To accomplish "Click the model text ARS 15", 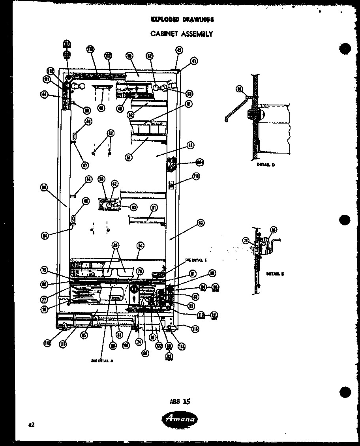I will (180, 401).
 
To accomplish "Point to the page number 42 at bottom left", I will (32, 425).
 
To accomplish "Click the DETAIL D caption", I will (266, 165).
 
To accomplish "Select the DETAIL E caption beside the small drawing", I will (274, 273).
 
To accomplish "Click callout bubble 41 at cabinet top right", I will (194, 61).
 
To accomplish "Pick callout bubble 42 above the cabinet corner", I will (179, 50).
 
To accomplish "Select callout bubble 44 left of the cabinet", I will (44, 94).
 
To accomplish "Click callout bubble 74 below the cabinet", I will (139, 342).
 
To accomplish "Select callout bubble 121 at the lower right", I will (214, 315).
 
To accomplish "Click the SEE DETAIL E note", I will (196, 260).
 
